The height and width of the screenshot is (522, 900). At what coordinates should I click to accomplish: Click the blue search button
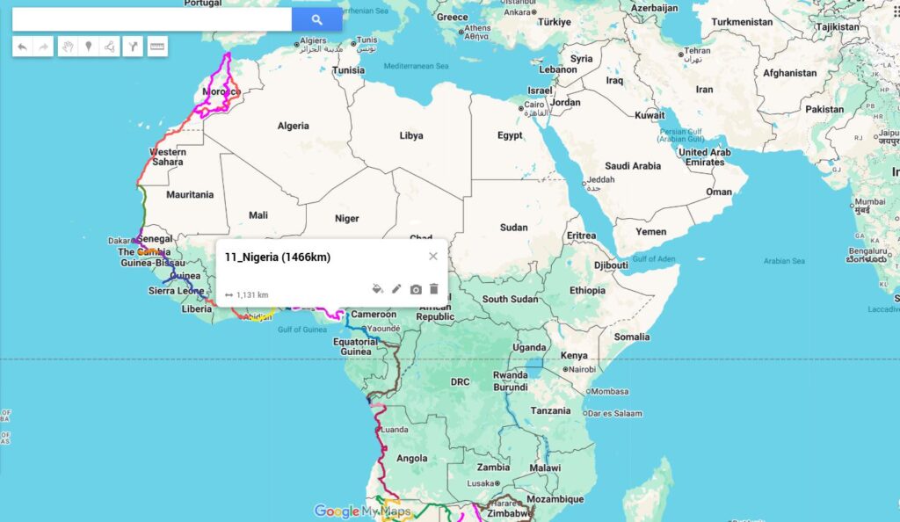pos(316,19)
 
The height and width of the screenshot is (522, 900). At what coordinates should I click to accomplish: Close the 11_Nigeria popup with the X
pos(432,257)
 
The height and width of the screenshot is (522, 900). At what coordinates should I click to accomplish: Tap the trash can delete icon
pos(434,288)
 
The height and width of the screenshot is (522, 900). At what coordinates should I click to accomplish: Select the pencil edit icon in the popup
pos(396,288)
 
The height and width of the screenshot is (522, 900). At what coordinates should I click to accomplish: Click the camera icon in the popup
pos(416,288)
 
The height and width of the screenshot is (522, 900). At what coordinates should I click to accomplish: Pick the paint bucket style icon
pos(377,288)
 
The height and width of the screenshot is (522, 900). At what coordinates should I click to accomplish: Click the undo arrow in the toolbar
pos(22,47)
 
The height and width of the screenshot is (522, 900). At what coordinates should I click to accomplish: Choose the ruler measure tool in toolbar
pos(157,47)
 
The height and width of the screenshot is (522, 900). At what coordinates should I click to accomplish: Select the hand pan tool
pos(67,47)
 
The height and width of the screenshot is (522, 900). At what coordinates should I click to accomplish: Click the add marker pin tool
pos(88,47)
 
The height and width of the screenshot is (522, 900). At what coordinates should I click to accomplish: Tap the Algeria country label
pos(293,126)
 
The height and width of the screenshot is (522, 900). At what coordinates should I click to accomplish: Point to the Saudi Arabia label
pos(633,166)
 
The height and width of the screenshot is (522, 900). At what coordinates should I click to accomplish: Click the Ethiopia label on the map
pos(587,290)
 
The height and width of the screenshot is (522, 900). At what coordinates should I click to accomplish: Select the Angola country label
pos(412,458)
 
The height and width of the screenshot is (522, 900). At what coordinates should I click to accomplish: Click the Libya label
pos(410,135)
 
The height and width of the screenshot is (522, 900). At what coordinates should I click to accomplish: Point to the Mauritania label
pos(190,194)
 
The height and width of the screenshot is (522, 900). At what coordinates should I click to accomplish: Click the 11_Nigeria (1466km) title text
pos(278,257)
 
